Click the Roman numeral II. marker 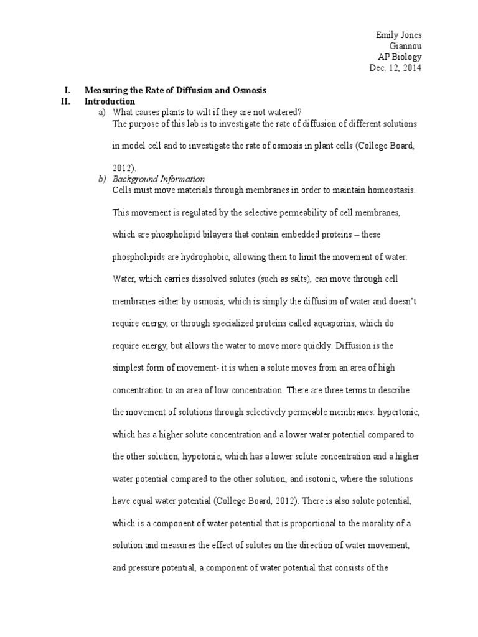(x=67, y=101)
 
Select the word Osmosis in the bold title (x=248, y=90)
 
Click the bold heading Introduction (x=110, y=101)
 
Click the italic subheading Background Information (x=158, y=180)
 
